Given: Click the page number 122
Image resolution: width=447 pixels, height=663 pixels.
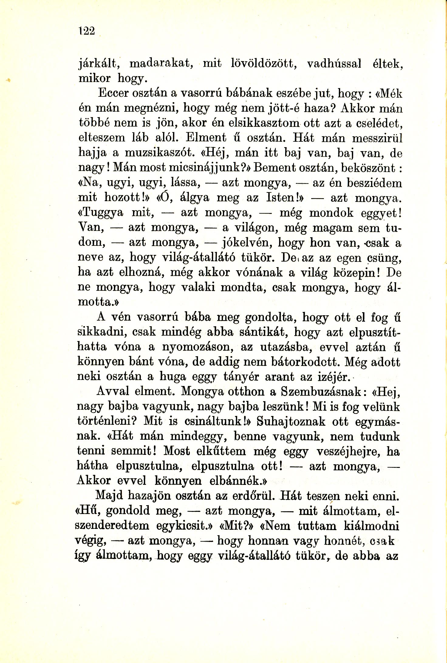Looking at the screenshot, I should coord(87,31).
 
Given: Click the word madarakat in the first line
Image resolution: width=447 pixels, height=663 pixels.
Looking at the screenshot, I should coord(160,63).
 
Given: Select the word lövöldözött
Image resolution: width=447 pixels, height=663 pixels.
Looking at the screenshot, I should coord(264,63).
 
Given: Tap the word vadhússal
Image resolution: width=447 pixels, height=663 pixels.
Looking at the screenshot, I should coord(334,63).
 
